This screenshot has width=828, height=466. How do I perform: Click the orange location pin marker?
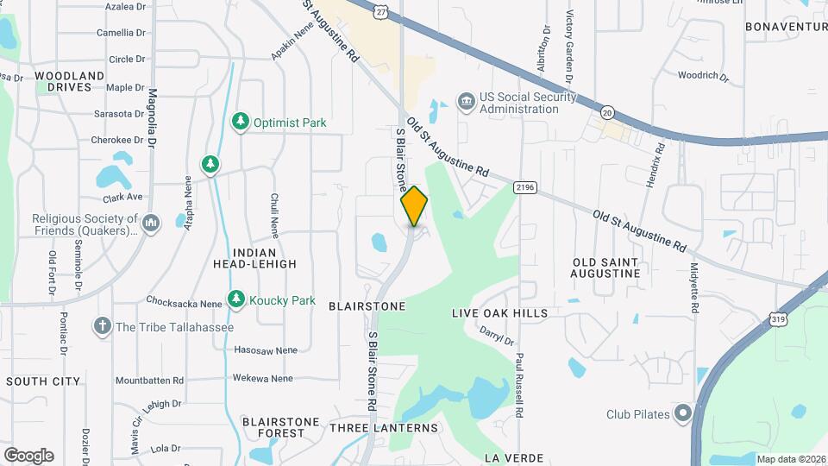(x=415, y=206)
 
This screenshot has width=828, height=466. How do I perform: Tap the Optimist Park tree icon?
(x=241, y=123)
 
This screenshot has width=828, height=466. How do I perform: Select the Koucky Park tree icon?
(x=235, y=299)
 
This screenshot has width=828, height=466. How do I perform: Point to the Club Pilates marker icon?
(x=684, y=413)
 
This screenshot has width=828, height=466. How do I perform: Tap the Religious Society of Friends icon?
(x=151, y=224)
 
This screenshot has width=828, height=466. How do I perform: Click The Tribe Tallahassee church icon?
(x=103, y=327)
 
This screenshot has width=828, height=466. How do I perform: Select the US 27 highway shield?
(x=381, y=10)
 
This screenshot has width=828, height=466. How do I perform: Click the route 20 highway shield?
(x=607, y=113)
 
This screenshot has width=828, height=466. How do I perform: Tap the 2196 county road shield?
(x=524, y=188)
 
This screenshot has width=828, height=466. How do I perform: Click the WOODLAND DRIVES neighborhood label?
(x=70, y=81)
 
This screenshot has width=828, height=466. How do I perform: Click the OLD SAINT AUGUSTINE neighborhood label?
(x=606, y=268)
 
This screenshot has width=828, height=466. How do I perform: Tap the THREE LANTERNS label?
(x=384, y=427)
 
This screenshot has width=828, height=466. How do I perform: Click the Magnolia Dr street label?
(x=152, y=117)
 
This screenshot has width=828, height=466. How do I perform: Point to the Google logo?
(x=28, y=456)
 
